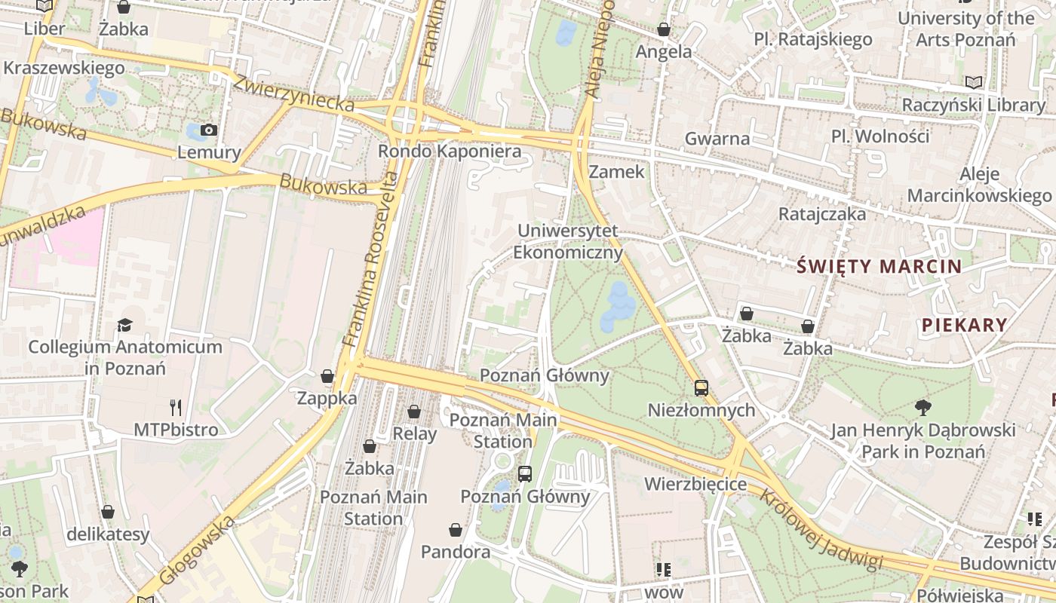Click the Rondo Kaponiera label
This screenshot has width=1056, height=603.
coord(450,152)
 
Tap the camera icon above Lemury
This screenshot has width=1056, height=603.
coord(209,130)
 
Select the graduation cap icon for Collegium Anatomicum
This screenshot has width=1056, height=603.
coord(124,325)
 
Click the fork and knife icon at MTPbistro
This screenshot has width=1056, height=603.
coord(176,408)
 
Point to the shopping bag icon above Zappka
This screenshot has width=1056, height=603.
coord(327,375)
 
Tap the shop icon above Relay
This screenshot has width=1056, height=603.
coord(413,412)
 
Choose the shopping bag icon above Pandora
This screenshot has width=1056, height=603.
coord(455,530)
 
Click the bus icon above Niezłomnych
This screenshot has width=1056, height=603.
coord(701,388)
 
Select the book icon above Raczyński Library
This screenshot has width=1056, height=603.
coord(974,82)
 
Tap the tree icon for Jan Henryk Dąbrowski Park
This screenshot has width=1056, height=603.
coord(922,408)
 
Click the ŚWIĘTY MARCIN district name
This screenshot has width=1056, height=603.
coord(879,266)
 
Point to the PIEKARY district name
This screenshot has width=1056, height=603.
coord(964,325)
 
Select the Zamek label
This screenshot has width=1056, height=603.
coord(617,172)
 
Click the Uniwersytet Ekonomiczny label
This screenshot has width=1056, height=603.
coord(568,241)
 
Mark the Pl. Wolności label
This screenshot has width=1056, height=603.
coord(880,136)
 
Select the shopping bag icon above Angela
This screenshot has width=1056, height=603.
coord(663,29)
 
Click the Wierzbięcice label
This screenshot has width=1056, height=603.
coord(695,484)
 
